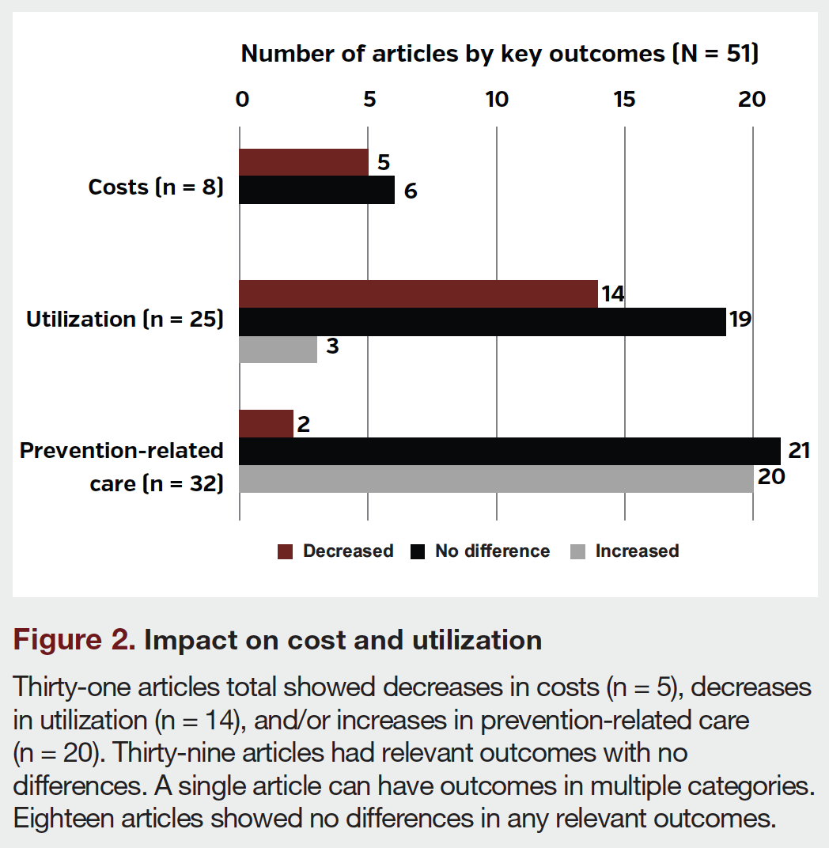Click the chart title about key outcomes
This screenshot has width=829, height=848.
point(500,54)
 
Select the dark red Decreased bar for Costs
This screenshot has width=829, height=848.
point(304,162)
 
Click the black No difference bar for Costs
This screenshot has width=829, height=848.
point(316,190)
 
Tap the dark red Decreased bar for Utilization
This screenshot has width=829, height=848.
point(418,294)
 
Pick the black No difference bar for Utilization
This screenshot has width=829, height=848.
point(483,322)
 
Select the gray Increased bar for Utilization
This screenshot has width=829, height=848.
point(278,349)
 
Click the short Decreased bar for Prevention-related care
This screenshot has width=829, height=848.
point(267,424)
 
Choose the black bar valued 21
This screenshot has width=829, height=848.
point(509,451)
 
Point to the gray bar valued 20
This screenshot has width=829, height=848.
point(496,479)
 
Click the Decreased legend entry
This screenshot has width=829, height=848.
point(336,551)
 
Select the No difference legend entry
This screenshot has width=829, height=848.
point(481,551)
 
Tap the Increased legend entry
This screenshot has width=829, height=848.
point(625,551)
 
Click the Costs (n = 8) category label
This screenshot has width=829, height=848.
point(156,187)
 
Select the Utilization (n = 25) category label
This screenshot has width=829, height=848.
point(125,320)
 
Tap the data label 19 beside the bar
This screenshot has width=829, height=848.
point(740,320)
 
